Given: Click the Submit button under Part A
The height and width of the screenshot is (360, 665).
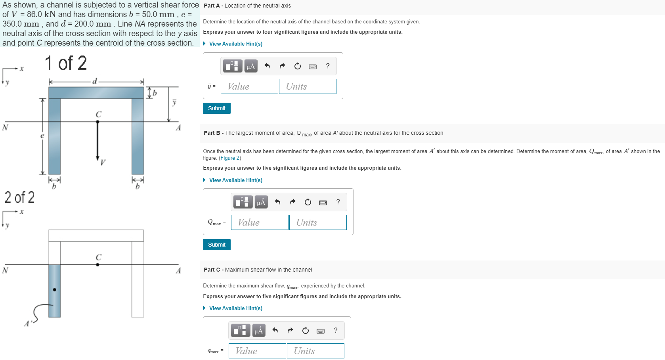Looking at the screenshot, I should pos(216,108).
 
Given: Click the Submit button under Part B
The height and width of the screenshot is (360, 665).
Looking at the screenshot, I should pos(216,245).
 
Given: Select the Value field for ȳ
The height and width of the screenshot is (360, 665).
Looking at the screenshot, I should pos(249,86).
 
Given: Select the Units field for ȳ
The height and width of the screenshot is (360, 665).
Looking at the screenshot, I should pos(308,86).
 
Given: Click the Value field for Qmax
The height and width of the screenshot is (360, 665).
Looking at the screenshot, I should pos(260,222).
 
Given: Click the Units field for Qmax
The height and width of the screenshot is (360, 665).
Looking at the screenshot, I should pos(318,222).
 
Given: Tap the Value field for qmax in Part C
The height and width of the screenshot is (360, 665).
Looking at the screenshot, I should pos(257,351).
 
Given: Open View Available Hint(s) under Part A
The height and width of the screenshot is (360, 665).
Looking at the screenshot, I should pos(235,44).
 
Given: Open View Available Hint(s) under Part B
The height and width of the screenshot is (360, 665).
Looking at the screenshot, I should pos(235,180).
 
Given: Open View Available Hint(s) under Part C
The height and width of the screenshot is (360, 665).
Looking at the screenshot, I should pos(235,308).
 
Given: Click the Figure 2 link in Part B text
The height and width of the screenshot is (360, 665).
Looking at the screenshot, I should pos(230,158).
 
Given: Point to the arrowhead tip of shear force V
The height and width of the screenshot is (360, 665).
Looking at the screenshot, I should pos(97,160).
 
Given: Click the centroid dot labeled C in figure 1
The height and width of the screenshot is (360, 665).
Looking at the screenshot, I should pos(97,122).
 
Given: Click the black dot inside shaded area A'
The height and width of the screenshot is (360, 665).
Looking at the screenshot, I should pos(55,290).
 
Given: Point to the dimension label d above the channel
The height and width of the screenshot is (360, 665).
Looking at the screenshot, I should pos(94,81).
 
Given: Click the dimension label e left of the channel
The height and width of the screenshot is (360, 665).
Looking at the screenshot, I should pos(42,136).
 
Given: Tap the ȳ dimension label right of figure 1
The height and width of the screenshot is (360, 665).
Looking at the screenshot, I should pos(174,102).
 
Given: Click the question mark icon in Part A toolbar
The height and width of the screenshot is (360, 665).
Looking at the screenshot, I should pos(328,66).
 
